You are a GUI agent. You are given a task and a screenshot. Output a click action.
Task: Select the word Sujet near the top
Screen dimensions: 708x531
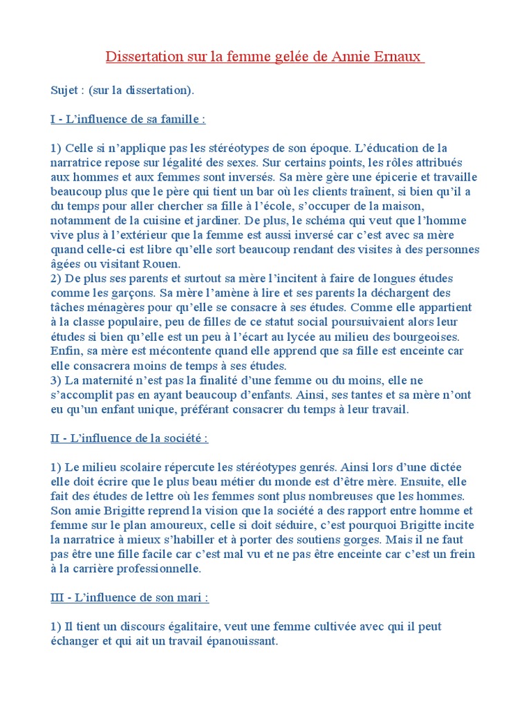(x=64, y=91)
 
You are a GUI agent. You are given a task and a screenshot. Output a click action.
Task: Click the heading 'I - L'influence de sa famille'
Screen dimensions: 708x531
(x=128, y=120)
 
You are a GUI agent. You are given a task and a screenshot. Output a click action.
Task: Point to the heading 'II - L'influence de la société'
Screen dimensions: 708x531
(x=129, y=438)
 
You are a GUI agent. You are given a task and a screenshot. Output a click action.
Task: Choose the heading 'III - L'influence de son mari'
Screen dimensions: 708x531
(x=129, y=597)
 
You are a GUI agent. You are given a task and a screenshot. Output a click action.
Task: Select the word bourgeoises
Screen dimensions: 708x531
(x=429, y=337)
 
